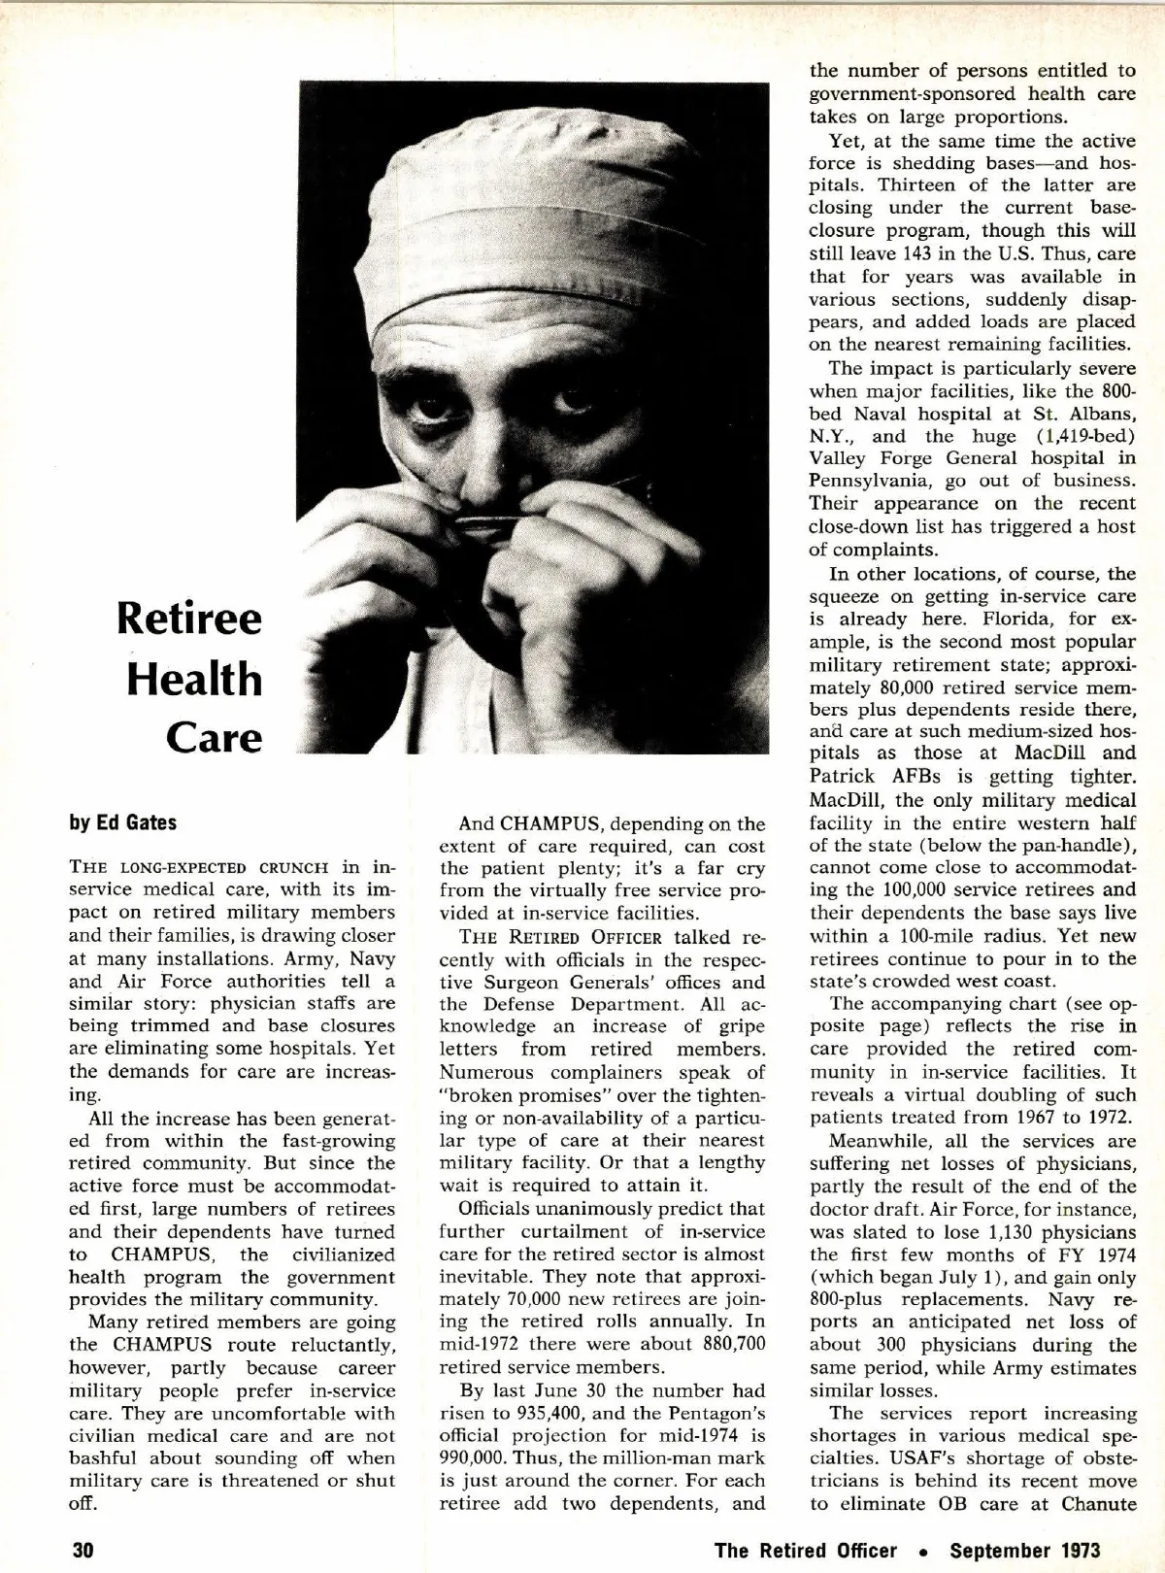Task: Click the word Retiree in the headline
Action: (189, 619)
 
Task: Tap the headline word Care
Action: (214, 737)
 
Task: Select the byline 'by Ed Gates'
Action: (122, 822)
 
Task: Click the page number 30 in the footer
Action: (82, 1549)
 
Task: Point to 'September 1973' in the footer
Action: (1025, 1549)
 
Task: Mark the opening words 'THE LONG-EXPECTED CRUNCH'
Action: (199, 868)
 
